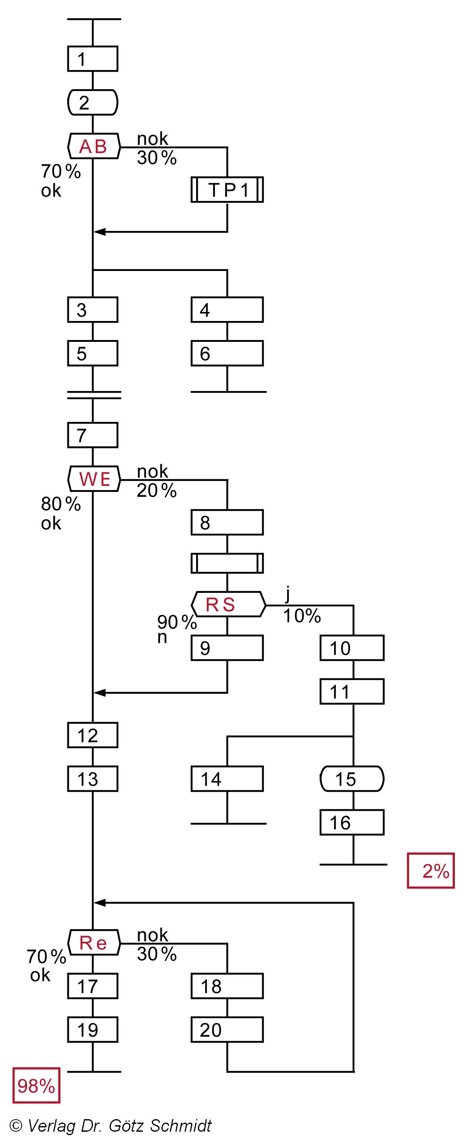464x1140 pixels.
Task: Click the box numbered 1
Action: [93, 58]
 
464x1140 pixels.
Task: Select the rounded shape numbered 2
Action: [93, 102]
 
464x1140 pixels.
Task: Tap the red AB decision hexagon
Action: [93, 146]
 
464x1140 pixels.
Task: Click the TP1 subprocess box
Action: [227, 190]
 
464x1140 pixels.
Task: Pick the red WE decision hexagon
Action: [94, 479]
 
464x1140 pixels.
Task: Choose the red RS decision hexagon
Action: [228, 604]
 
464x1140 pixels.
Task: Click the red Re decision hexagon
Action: [93, 943]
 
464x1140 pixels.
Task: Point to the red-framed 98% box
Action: [36, 1086]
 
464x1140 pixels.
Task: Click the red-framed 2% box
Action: [431, 870]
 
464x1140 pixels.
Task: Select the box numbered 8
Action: [227, 522]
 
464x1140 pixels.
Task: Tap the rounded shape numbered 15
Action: [352, 779]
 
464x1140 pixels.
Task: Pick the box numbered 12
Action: [93, 735]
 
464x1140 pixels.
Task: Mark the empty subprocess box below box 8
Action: [227, 563]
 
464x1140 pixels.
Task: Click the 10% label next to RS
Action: [302, 615]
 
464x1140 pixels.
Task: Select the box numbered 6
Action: [227, 353]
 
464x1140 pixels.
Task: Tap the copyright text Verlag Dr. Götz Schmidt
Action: [110, 1125]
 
